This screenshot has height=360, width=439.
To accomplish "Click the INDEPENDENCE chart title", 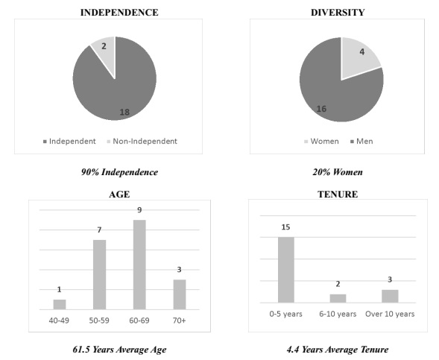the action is pyautogui.click(x=119, y=13).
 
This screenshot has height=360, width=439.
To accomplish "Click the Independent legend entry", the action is pyautogui.click(x=69, y=142).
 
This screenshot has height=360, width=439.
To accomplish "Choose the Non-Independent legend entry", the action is pyautogui.click(x=142, y=142).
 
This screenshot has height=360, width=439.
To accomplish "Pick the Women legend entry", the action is pyautogui.click(x=321, y=142).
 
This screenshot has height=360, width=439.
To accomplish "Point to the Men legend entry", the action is pyautogui.click(x=361, y=142).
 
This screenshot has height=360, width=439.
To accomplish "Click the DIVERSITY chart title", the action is pyautogui.click(x=338, y=13).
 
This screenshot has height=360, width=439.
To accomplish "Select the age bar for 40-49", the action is pyautogui.click(x=60, y=305).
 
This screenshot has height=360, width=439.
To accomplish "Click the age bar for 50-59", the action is pyautogui.click(x=99, y=274).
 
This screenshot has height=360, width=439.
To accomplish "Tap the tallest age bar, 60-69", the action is pyautogui.click(x=139, y=265).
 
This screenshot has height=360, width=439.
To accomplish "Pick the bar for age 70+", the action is pyautogui.click(x=180, y=294).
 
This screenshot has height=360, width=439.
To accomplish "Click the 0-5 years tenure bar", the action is pyautogui.click(x=286, y=270).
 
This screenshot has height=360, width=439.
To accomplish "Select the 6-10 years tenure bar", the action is pyautogui.click(x=338, y=298).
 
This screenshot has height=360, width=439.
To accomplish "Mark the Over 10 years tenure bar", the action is pyautogui.click(x=390, y=296).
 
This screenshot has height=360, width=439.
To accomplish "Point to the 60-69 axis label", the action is pyautogui.click(x=139, y=320).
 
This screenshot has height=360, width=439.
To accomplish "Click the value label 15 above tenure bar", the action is pyautogui.click(x=285, y=227).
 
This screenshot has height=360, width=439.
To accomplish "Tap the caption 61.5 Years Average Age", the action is pyautogui.click(x=119, y=350).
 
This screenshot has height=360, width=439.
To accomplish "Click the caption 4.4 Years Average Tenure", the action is pyautogui.click(x=338, y=350).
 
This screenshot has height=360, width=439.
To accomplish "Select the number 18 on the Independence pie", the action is pyautogui.click(x=124, y=113).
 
